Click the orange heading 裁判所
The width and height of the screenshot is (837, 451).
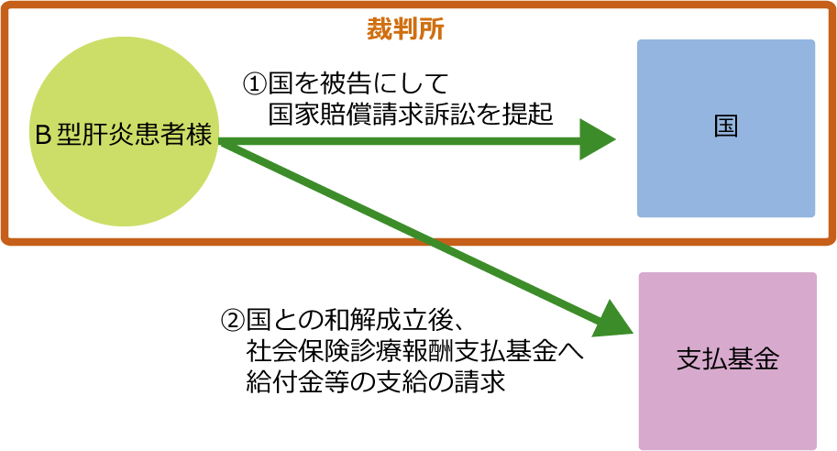[405, 28]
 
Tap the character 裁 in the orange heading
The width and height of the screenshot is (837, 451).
[380, 28]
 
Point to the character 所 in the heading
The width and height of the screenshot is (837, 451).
[432, 28]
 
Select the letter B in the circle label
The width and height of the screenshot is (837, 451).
[42, 136]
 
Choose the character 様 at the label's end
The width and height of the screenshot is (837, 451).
[200, 136]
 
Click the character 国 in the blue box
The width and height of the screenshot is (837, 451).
[726, 126]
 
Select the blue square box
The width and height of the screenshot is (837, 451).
[726, 174]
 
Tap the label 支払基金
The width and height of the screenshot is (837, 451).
[727, 359]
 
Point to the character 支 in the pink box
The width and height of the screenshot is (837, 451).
[688, 359]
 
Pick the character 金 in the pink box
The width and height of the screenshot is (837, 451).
[766, 359]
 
